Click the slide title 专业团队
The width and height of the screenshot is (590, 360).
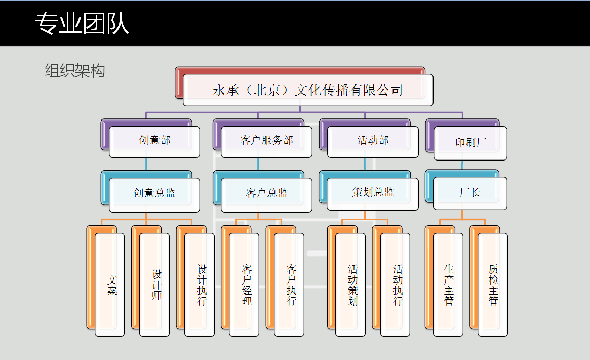83,24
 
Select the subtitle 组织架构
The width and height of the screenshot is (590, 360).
75,71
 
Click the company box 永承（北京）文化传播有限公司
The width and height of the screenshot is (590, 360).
308,90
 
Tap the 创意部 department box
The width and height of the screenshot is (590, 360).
154,141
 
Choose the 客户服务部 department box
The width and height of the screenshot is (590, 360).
266,141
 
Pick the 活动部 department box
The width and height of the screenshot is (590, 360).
373,141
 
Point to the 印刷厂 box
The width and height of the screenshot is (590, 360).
470,143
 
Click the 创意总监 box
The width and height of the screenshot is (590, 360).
154,193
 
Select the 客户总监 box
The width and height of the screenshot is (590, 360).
266,193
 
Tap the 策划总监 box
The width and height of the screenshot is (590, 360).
373,193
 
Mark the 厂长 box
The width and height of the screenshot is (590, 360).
470,193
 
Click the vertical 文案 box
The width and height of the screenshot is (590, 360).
110,285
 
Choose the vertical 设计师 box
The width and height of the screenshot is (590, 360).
154,285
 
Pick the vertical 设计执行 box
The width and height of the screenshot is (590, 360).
200,285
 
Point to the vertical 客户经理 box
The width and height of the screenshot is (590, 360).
244,285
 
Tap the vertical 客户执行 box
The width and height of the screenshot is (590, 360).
289,285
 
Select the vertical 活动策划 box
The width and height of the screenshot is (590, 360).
350,285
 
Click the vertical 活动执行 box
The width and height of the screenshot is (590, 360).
395,285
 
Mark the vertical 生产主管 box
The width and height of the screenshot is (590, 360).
448,285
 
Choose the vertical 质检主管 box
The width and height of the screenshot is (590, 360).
493,285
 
